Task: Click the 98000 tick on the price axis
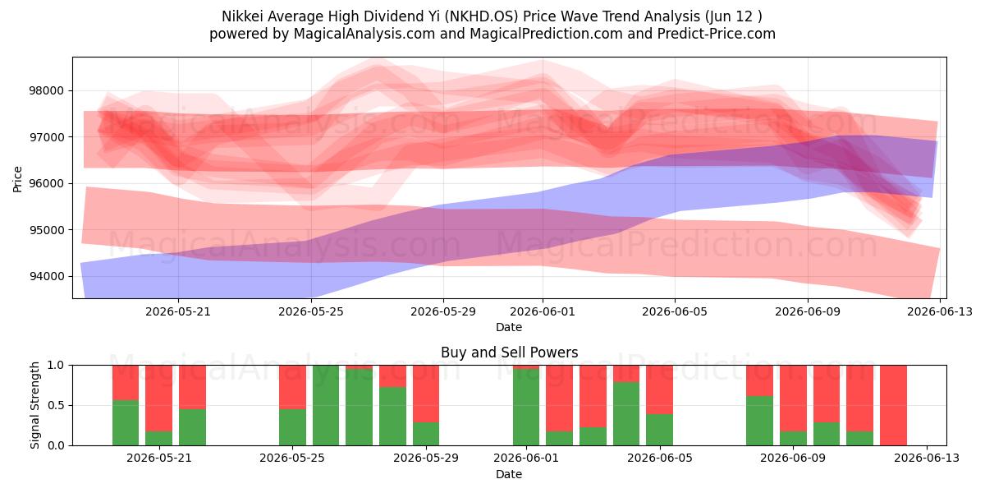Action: point(46,91)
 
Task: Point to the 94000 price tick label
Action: point(46,276)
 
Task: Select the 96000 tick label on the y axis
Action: point(46,183)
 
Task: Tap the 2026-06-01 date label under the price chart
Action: point(543,311)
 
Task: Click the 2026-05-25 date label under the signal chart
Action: point(292,458)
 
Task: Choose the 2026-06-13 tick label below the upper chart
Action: point(940,311)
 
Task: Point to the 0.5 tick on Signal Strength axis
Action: point(56,405)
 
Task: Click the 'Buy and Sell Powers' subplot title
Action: point(509,352)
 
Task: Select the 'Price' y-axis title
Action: point(17,179)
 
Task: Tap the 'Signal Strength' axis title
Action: point(34,405)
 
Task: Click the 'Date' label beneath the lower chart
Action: point(509,474)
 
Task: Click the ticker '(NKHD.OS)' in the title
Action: point(481,16)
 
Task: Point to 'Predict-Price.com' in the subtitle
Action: point(717,34)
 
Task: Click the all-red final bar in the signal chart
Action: point(893,405)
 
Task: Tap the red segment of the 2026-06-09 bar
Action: point(793,398)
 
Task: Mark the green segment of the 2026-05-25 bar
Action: point(292,427)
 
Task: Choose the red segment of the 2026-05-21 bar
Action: point(158,398)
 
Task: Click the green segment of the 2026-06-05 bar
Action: point(659,430)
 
